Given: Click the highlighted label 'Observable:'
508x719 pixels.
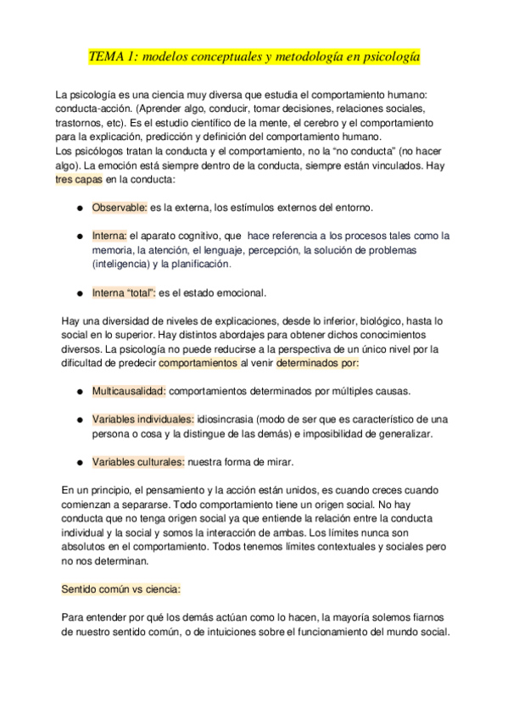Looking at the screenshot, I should (x=120, y=207).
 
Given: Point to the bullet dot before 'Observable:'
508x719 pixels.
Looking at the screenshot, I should (x=79, y=208).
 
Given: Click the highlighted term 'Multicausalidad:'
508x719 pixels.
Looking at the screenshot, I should (x=129, y=392).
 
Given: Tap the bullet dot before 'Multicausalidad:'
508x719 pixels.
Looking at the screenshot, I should (x=79, y=393).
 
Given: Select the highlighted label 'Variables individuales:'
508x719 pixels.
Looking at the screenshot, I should (x=143, y=420).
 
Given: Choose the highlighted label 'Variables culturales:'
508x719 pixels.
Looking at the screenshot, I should (x=137, y=462).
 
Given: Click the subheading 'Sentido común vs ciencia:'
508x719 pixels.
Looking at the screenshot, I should (x=121, y=588).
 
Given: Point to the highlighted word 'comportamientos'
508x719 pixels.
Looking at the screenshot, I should (x=198, y=364).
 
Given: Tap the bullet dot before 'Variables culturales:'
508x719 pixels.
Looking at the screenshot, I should (x=79, y=463).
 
